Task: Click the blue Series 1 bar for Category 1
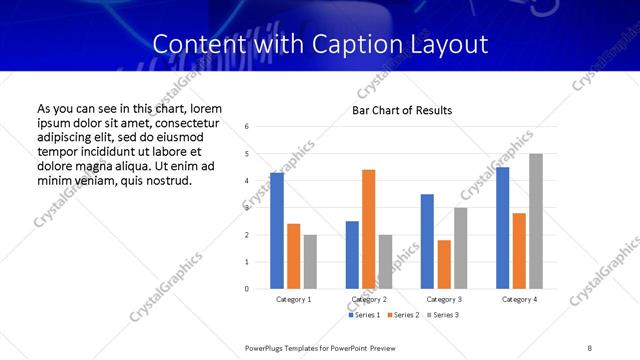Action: [x=277, y=231]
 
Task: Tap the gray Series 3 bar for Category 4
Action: [x=536, y=221]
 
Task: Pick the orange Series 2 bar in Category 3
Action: [x=444, y=264]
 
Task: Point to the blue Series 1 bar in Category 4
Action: [x=502, y=228]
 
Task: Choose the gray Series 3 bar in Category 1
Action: [x=310, y=262]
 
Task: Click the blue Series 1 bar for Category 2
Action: [x=352, y=255]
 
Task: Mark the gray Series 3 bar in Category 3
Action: [x=460, y=248]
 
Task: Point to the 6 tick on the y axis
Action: [x=247, y=126]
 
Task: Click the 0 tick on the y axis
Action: [x=247, y=289]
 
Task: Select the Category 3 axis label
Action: [x=444, y=299]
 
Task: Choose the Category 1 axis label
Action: [x=293, y=299]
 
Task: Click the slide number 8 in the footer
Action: [x=590, y=347]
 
